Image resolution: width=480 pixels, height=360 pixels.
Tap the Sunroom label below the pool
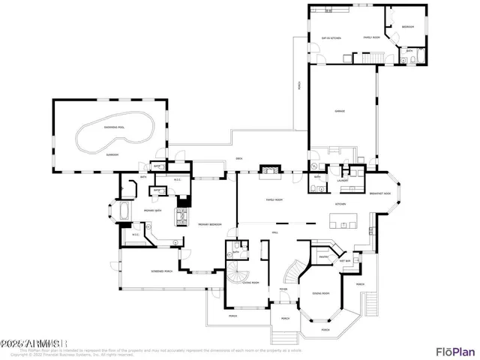(x=112, y=154)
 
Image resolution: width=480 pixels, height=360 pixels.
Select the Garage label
(x=340, y=112)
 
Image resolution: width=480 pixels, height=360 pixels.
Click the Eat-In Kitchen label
(x=331, y=37)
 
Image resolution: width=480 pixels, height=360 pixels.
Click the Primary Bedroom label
(x=208, y=224)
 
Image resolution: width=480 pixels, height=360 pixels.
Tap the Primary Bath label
(x=154, y=211)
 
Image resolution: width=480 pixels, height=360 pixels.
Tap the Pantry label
(x=324, y=256)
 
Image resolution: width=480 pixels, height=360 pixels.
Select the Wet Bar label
(x=346, y=260)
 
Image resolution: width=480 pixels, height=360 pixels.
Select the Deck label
(x=239, y=158)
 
